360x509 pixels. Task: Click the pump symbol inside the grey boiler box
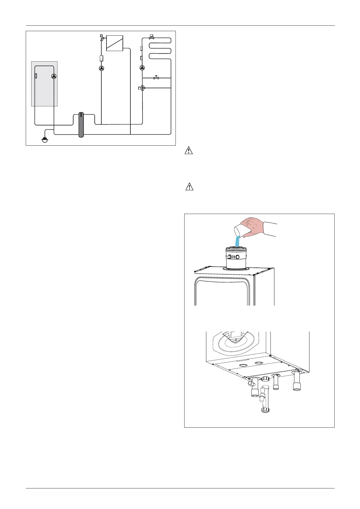pyautogui.click(x=54, y=76)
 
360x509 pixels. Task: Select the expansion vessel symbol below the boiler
pyautogui.click(x=45, y=140)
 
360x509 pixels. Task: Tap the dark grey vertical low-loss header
pyautogui.click(x=81, y=125)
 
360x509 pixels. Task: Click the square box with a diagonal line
pyautogui.click(x=115, y=43)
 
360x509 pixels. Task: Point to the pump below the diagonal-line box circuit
pyautogui.click(x=101, y=68)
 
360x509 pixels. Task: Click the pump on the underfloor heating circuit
pyautogui.click(x=142, y=68)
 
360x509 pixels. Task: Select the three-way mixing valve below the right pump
pyautogui.click(x=142, y=88)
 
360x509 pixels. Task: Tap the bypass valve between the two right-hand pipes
pyautogui.click(x=156, y=78)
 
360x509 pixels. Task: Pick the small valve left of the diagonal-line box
pyautogui.click(x=102, y=38)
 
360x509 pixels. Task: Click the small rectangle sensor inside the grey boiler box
pyautogui.click(x=36, y=76)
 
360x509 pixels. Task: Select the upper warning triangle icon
pyautogui.click(x=189, y=151)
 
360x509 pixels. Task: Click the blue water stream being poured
pyautogui.click(x=237, y=242)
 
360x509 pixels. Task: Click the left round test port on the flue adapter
pyautogui.click(x=230, y=257)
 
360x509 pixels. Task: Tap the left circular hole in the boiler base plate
pyautogui.click(x=243, y=366)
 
